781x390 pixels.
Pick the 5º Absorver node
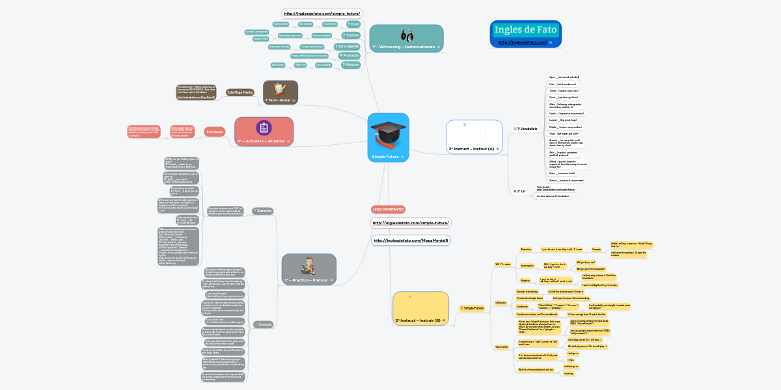(351, 65)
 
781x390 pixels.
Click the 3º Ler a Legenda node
(346, 47)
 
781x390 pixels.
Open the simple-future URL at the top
(322, 13)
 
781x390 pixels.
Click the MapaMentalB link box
(411, 240)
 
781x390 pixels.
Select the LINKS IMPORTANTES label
(388, 209)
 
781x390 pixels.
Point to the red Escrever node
(215, 132)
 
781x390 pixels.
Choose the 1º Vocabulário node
(527, 129)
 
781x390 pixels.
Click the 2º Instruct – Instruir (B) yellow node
(421, 308)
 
